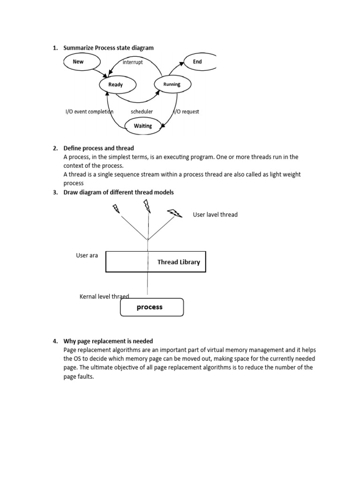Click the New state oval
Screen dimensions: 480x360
(82, 61)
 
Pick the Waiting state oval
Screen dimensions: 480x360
(143, 126)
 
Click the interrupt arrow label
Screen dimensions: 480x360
(133, 62)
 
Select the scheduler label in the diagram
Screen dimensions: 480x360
(142, 112)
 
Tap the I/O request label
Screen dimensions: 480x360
(186, 112)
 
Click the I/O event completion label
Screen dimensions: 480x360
(89, 112)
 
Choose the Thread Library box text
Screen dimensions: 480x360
(179, 262)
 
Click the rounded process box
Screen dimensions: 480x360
(152, 307)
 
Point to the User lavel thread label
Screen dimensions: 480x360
(215, 215)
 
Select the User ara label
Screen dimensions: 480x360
(87, 255)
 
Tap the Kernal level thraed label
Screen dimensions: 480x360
(104, 296)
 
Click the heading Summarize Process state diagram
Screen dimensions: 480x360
(108, 48)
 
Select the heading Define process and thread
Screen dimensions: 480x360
(99, 148)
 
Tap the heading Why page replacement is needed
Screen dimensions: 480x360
(108, 341)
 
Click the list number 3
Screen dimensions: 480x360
(55, 192)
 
